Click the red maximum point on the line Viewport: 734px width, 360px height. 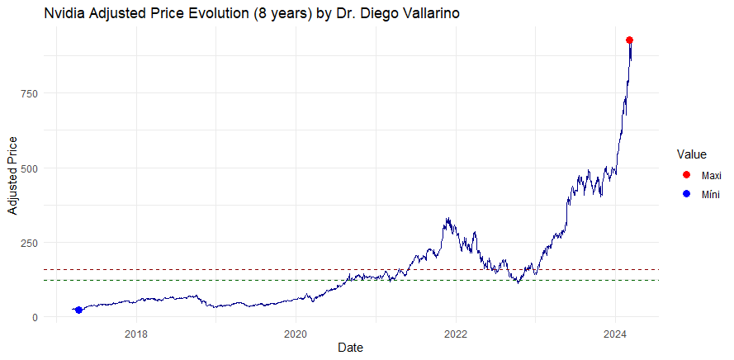point(629,40)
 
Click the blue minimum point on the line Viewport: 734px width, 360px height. point(78,310)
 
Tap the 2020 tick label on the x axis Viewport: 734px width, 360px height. point(296,334)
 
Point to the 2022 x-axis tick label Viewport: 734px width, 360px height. point(456,334)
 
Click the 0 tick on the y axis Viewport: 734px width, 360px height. point(35,317)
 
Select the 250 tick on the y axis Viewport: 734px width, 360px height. point(30,243)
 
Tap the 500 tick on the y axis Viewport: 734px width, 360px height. point(30,168)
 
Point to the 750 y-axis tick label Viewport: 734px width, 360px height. point(30,93)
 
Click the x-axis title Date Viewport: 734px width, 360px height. point(352,348)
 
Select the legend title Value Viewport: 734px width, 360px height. point(691,154)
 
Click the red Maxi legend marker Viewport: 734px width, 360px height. point(686,176)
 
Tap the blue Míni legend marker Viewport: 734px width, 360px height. point(686,194)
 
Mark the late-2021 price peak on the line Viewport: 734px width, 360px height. point(447,219)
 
